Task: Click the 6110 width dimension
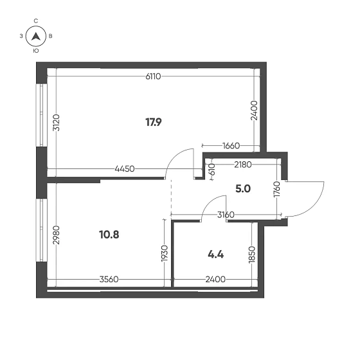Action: [153, 76]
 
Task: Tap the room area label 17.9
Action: [154, 122]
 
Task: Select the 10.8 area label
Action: [109, 235]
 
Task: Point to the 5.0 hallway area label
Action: [243, 189]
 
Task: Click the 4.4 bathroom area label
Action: [215, 255]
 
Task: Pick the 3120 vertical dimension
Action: [57, 123]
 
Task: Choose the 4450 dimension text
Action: [125, 169]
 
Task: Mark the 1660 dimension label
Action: [231, 145]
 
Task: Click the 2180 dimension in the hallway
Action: [243, 165]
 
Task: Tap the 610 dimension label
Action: [212, 170]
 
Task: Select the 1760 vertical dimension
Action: [277, 189]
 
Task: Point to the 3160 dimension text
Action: [226, 215]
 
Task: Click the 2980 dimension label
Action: [57, 235]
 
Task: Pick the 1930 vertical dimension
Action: [165, 253]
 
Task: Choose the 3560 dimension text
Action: [109, 280]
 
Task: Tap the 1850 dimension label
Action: [252, 255]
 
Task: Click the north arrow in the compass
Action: [36, 36]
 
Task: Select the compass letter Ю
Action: [36, 51]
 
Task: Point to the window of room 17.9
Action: [41, 115]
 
